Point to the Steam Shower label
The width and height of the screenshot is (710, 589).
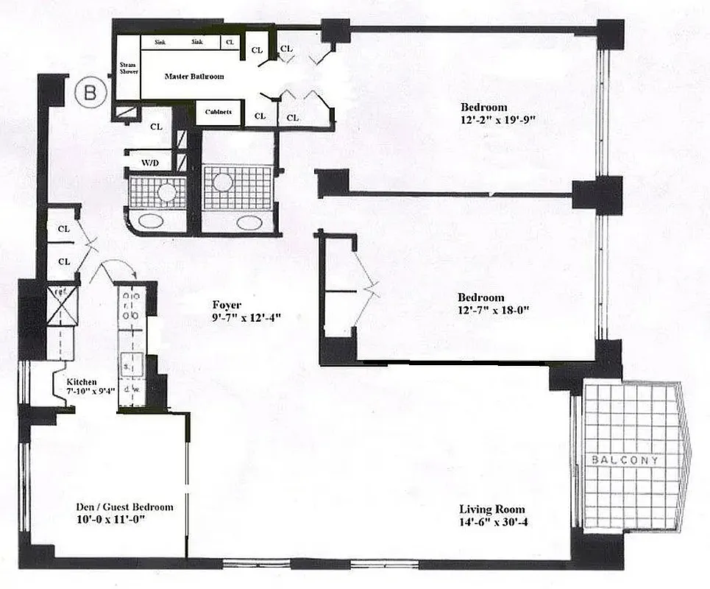pyautogui.click(x=129, y=68)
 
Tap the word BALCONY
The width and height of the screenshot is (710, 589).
pyautogui.click(x=625, y=459)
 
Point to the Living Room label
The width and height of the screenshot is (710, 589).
pyautogui.click(x=492, y=509)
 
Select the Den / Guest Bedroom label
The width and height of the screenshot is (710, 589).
pyautogui.click(x=125, y=507)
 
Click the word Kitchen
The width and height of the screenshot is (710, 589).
pyautogui.click(x=82, y=383)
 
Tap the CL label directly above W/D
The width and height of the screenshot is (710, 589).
pyautogui.click(x=156, y=126)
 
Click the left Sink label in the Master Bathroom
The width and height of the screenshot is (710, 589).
pyautogui.click(x=160, y=43)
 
